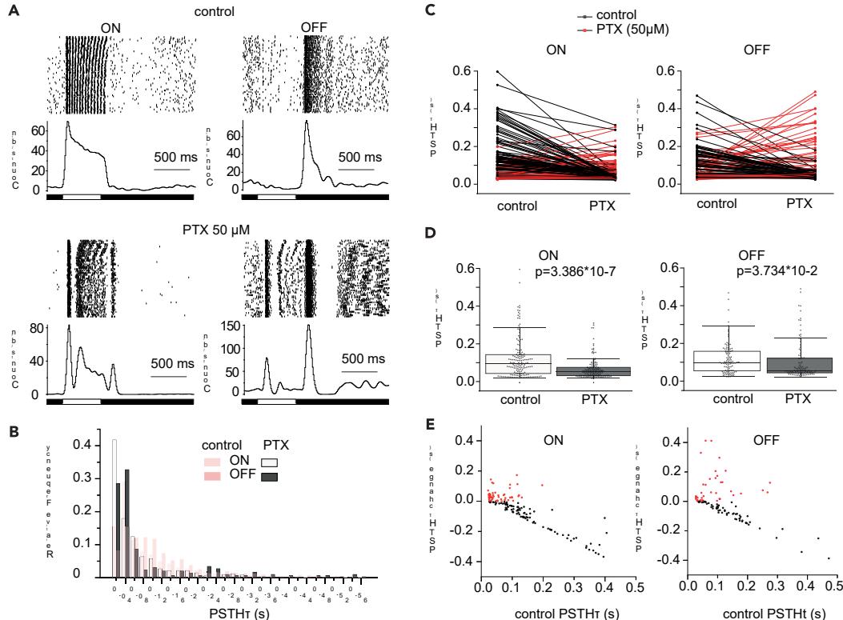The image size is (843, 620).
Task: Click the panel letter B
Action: tap(13, 430)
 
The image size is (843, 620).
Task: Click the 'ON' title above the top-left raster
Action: tap(110, 26)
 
